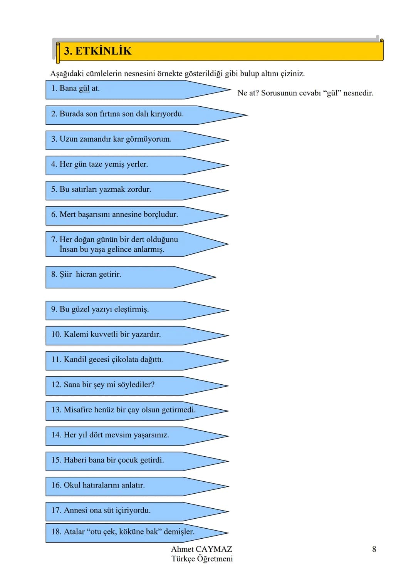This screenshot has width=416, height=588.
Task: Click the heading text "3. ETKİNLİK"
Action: click(x=98, y=51)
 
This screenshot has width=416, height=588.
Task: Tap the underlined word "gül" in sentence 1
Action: click(x=84, y=89)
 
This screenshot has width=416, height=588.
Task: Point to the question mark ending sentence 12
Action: click(x=153, y=385)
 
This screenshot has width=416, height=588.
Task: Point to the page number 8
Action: click(x=374, y=549)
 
